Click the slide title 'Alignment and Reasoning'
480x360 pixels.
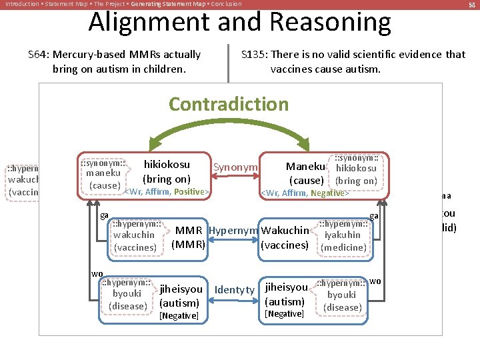click(239, 23)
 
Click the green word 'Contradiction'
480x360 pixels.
click(229, 104)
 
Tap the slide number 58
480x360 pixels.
click(472, 5)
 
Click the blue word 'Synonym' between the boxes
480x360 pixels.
click(235, 167)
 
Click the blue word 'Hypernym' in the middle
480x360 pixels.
click(233, 231)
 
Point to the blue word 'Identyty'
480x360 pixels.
click(235, 289)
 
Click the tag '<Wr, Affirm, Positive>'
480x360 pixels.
click(167, 193)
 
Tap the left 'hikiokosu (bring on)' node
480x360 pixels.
click(167, 171)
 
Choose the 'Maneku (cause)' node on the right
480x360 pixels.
click(305, 173)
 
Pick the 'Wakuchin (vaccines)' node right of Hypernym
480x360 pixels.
click(285, 237)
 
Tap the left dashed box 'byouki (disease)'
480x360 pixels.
click(127, 294)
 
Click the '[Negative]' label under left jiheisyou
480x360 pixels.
click(179, 315)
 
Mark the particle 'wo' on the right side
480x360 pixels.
click(375, 281)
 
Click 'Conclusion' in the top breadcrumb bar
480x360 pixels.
click(226, 4)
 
